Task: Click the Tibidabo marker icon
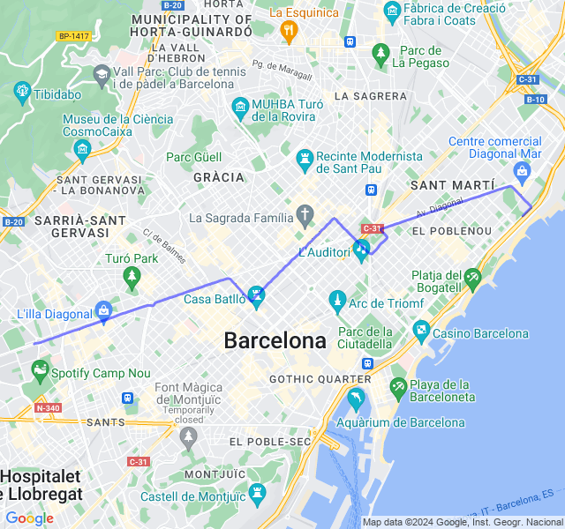tap(23, 91)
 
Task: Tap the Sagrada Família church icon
tap(305, 214)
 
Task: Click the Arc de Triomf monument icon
tap(336, 302)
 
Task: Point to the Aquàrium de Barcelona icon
tap(355, 398)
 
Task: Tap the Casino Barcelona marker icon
tap(421, 332)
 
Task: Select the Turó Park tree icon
tap(132, 279)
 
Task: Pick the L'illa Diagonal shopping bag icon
tap(104, 310)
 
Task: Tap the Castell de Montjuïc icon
tap(257, 492)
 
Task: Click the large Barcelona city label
tap(275, 340)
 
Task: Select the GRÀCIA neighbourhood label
tap(218, 176)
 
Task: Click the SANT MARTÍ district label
tap(452, 185)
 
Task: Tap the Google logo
tap(29, 518)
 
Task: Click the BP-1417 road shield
tap(73, 36)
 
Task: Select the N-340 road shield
tap(48, 407)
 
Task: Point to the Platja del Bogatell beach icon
tap(472, 279)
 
